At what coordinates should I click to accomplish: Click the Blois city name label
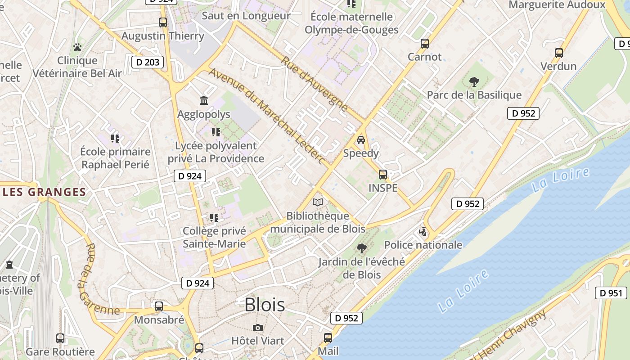[x=265, y=305]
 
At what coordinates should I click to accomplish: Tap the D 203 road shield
[x=147, y=62]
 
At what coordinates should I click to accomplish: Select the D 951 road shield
[x=611, y=293]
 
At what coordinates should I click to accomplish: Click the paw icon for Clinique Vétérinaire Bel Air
[x=77, y=47]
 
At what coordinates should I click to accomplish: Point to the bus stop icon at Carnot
[x=424, y=44]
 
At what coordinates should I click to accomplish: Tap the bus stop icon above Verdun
[x=558, y=53]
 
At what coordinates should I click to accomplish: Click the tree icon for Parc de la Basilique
[x=474, y=82]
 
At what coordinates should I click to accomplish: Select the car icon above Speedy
[x=360, y=140]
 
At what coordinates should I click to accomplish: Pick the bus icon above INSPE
[x=382, y=175]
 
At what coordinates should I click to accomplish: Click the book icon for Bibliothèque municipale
[x=318, y=202]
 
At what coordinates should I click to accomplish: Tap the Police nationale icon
[x=423, y=232]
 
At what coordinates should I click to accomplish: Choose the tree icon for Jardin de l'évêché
[x=361, y=248]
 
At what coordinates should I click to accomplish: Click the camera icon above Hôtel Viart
[x=257, y=328]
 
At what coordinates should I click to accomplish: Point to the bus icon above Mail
[x=328, y=337]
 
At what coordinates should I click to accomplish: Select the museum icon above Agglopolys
[x=203, y=100]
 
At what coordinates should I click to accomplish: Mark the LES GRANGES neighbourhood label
[x=44, y=192]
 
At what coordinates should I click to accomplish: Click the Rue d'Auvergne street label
[x=315, y=85]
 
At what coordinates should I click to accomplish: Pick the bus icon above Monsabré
[x=159, y=306]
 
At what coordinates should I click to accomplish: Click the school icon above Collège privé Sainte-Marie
[x=214, y=218]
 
